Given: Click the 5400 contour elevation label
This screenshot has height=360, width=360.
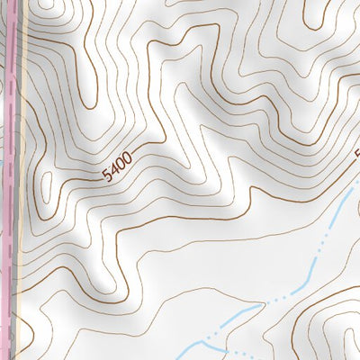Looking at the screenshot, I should (x=118, y=166).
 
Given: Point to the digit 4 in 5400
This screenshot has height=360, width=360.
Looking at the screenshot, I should (x=114, y=170).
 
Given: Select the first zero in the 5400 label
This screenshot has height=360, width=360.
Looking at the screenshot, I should (x=121, y=165).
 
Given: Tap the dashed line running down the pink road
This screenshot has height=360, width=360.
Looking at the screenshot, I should (x=11, y=180).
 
